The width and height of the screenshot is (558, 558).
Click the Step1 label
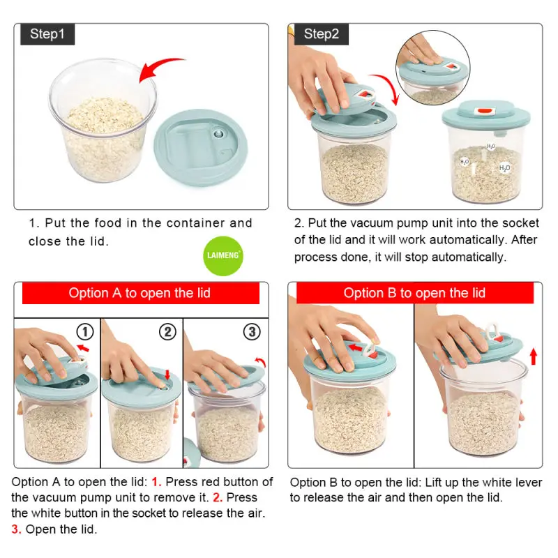[x=47, y=34]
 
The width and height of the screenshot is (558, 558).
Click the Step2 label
[x=322, y=34]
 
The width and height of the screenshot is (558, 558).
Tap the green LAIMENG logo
[x=223, y=255]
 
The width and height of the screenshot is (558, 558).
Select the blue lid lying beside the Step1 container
[x=200, y=147]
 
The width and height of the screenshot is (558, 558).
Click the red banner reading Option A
[x=141, y=293]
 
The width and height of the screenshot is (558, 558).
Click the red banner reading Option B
[x=415, y=293]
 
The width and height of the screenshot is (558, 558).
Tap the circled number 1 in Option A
[x=85, y=332]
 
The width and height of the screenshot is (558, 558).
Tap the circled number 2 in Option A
[x=167, y=332]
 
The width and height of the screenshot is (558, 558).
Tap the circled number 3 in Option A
[x=252, y=332]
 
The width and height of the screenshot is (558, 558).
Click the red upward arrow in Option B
[x=533, y=356]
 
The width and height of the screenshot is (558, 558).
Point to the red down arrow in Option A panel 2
[x=167, y=375]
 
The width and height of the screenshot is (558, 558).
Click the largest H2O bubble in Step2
[x=504, y=168]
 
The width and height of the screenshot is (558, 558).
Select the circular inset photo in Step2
[x=432, y=68]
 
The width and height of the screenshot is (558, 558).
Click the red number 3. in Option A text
[x=16, y=529]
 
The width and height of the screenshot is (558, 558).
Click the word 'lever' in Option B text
[x=529, y=482]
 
